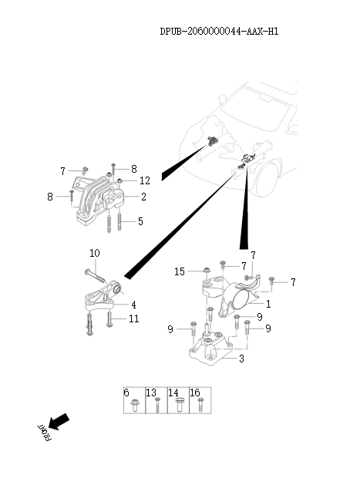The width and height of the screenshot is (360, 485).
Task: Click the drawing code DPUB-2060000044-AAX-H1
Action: (x=219, y=32)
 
